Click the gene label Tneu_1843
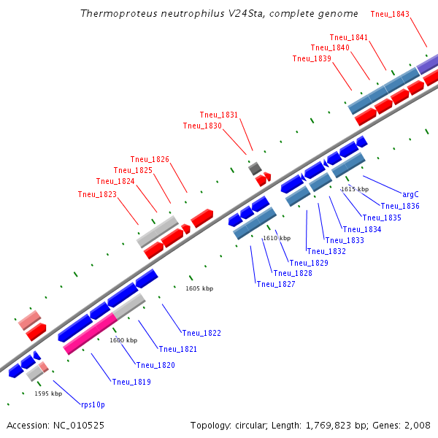click(390, 14)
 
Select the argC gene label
click(411, 194)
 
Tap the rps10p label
click(93, 404)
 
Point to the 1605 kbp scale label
click(199, 288)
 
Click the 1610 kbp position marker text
click(277, 238)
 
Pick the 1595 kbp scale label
click(48, 393)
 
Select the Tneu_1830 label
click(202, 126)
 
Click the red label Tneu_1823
click(97, 194)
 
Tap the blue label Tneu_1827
click(276, 284)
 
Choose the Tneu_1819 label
click(131, 381)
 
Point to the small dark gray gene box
click(255, 169)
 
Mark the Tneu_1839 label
click(312, 58)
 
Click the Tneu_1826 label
click(150, 159)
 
